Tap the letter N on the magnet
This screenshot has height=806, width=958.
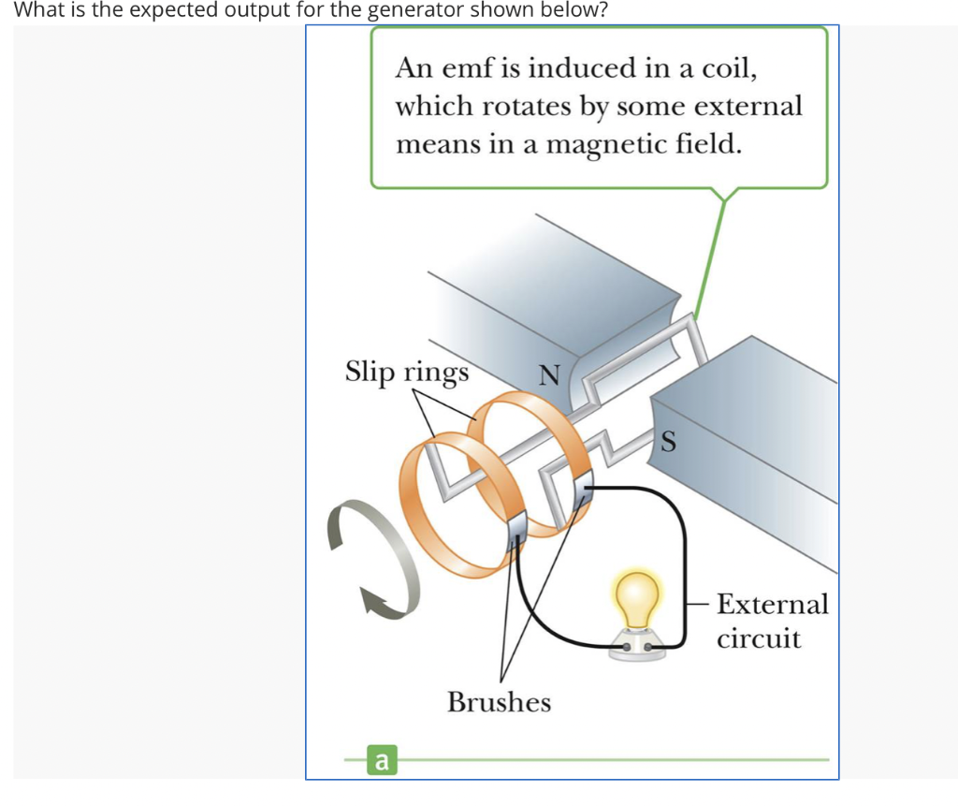click(x=549, y=376)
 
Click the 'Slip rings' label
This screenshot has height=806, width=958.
click(x=407, y=372)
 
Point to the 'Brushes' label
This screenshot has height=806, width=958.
click(x=499, y=702)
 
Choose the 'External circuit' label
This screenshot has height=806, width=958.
click(x=772, y=621)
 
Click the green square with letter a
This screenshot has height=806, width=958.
click(x=380, y=761)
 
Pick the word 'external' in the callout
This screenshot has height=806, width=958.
click(x=748, y=106)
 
